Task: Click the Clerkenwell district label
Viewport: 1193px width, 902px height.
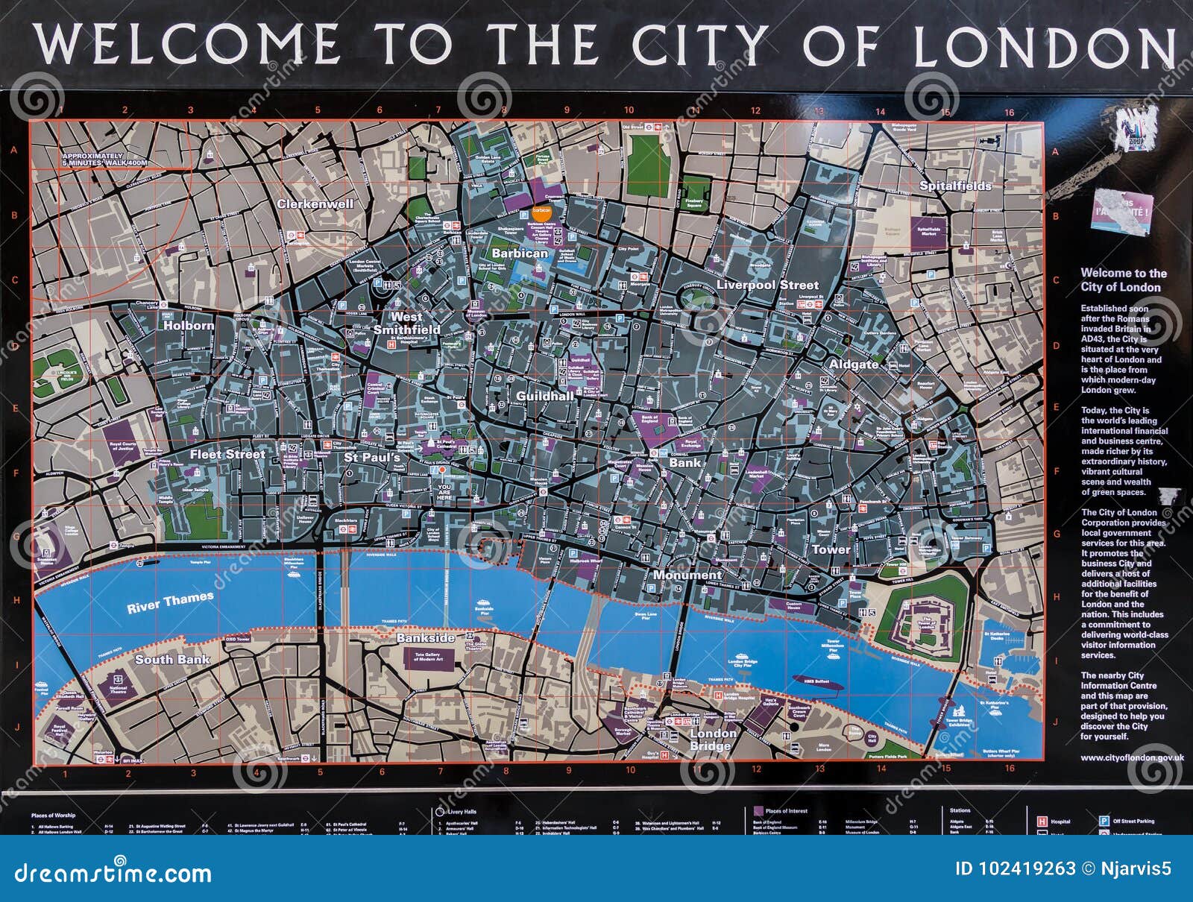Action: (x=315, y=204)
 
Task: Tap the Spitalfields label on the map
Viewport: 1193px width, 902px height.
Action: (x=955, y=186)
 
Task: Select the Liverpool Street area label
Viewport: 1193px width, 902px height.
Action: (x=767, y=285)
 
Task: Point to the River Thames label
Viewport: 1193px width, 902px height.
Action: (x=170, y=602)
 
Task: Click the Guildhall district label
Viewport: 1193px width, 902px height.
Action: (x=545, y=396)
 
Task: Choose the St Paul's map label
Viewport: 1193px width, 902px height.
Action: (x=371, y=458)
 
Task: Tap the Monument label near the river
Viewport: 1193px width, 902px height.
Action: (x=687, y=575)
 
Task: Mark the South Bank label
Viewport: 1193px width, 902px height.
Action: (x=172, y=659)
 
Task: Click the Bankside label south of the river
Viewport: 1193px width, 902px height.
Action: (x=425, y=638)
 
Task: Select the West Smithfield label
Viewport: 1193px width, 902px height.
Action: (x=406, y=323)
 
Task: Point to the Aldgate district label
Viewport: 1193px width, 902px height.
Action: (x=854, y=365)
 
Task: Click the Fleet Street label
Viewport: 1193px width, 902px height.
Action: (x=227, y=454)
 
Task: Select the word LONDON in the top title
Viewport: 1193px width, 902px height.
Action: (x=1044, y=46)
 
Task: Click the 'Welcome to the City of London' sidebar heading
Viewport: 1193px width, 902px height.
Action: (x=1124, y=280)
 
